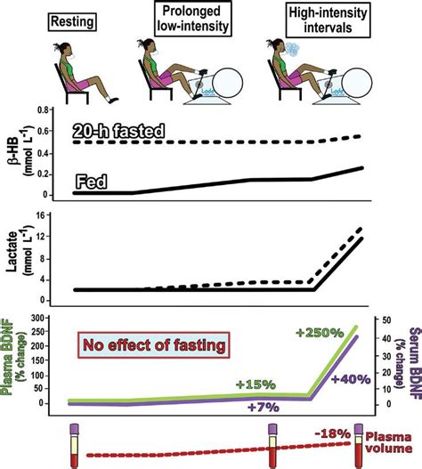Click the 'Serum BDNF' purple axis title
tap(411, 361)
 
